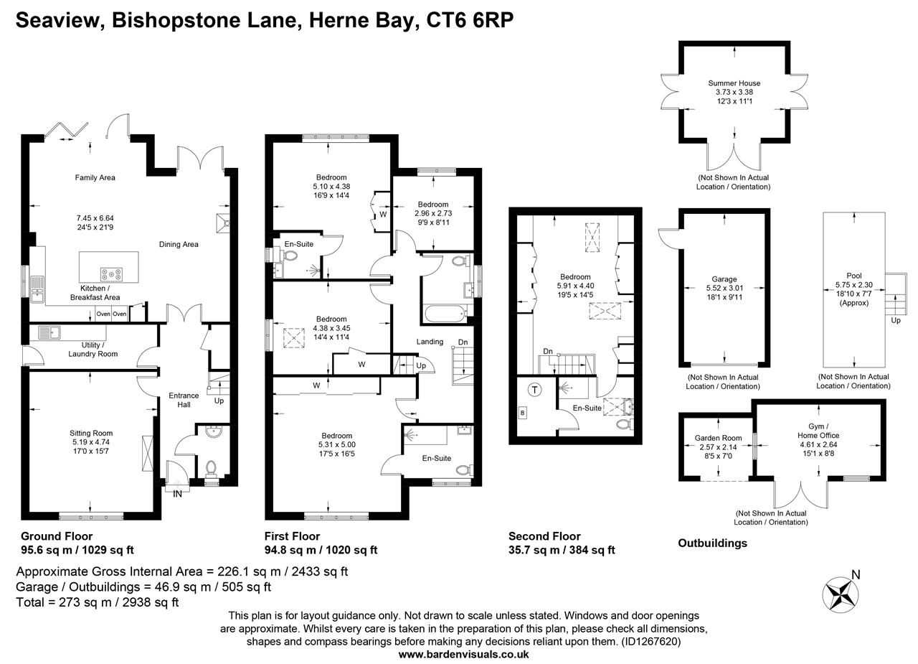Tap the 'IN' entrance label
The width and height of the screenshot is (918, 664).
[x=177, y=493]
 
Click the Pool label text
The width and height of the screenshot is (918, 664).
[x=853, y=276]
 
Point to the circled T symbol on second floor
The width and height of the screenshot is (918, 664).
[x=534, y=390]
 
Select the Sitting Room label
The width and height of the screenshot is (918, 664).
[x=91, y=433]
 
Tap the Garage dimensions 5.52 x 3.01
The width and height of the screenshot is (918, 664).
[x=724, y=289]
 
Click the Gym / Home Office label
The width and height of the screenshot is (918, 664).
[x=818, y=431]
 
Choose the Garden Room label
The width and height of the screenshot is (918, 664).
[x=718, y=438]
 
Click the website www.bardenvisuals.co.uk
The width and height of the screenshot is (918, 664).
[x=463, y=654]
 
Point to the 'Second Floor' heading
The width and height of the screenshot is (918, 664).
[x=544, y=536]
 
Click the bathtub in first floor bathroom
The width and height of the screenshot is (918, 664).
[x=444, y=313]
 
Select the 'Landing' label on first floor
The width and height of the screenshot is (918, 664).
[x=430, y=342]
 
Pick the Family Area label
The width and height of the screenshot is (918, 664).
[x=95, y=177]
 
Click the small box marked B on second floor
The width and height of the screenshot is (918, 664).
[x=522, y=413]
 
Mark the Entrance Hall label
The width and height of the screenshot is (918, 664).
[x=184, y=400]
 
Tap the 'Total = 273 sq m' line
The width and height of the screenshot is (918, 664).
[x=97, y=602]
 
